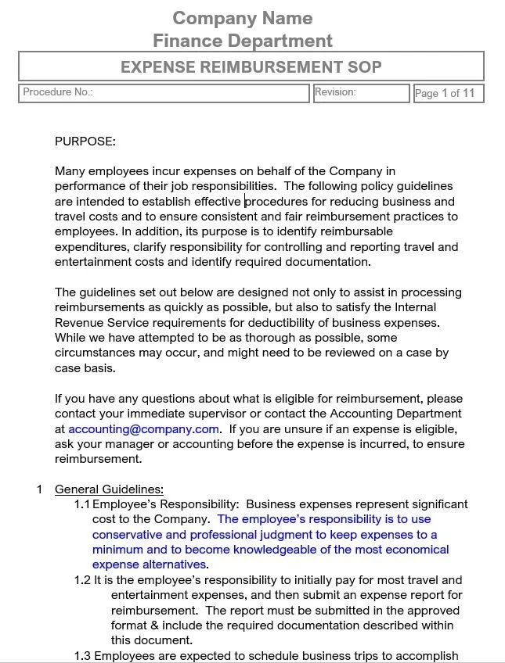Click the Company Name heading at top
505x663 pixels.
(x=242, y=18)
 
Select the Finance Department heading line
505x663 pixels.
(x=242, y=41)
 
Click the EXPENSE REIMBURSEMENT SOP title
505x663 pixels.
(x=251, y=67)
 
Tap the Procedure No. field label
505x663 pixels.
(x=58, y=92)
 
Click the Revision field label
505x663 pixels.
(x=335, y=92)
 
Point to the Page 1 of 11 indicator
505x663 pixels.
(x=445, y=94)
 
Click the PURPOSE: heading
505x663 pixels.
(x=85, y=142)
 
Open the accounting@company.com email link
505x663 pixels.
(x=143, y=429)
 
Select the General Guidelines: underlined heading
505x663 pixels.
(x=109, y=489)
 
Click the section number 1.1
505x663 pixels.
(x=82, y=504)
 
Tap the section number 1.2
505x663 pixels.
(x=82, y=580)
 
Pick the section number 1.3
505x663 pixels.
(x=82, y=656)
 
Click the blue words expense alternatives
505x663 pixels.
(x=150, y=564)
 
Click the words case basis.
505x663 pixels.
(x=85, y=368)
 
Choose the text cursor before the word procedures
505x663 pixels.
(x=244, y=202)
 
